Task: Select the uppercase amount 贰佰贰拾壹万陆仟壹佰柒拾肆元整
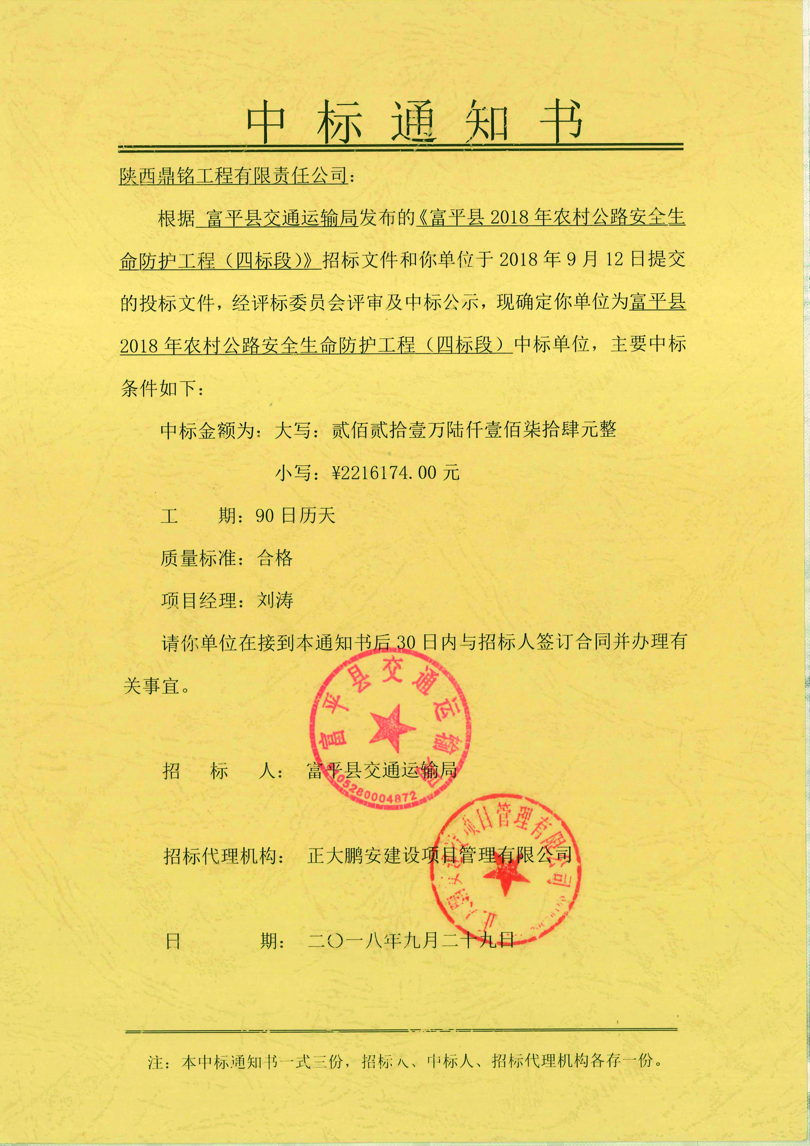pyautogui.click(x=474, y=429)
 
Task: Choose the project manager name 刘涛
pyautogui.click(x=275, y=600)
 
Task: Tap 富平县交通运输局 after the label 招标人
pyautogui.click(x=382, y=771)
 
